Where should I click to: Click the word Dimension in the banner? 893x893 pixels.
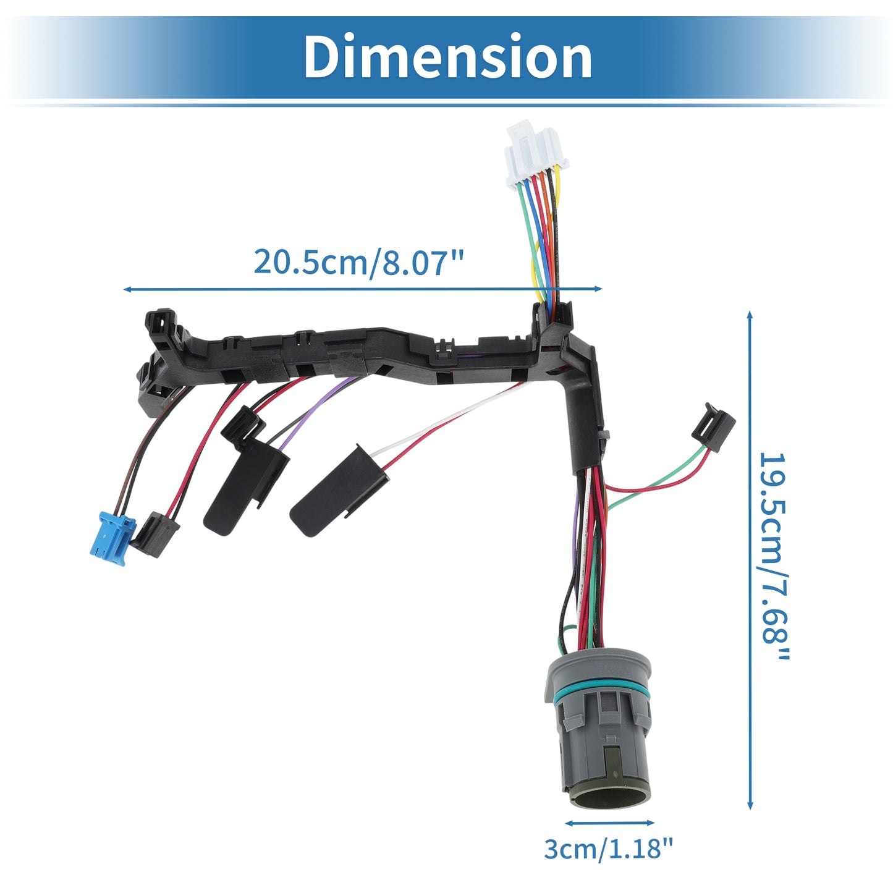[x=447, y=57]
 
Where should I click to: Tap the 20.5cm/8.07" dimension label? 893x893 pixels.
[x=358, y=262]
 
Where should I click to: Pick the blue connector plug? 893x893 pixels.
[x=112, y=538]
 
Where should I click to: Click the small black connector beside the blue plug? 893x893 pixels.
[x=154, y=535]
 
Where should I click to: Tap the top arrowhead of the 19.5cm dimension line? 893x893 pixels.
[x=750, y=316]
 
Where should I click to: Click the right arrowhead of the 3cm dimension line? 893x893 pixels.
[x=649, y=823]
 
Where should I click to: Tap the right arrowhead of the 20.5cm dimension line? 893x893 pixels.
[x=597, y=289]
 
